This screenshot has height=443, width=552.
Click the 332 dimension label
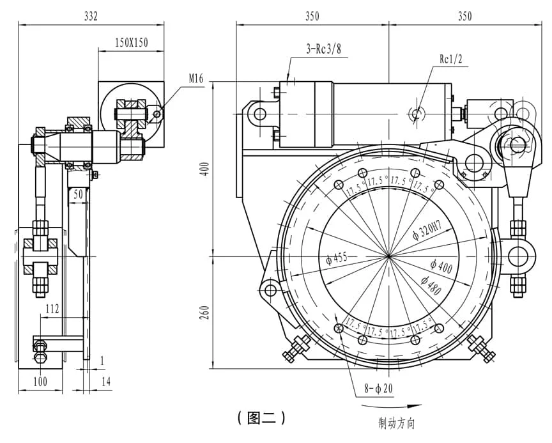91,16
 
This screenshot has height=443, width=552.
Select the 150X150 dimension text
132,43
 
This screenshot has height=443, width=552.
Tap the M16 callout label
196,78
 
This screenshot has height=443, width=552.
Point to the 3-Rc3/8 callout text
323,49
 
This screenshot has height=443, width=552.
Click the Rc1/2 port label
450,59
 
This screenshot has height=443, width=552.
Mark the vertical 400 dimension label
206,170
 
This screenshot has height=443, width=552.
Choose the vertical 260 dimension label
205,313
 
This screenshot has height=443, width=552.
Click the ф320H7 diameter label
427,229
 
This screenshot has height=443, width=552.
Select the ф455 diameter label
337,258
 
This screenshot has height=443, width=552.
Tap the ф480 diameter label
431,285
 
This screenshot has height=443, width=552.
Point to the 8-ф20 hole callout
378,388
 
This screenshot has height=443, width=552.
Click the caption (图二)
261,417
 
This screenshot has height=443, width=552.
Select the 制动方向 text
397,423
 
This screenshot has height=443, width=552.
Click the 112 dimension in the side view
52,309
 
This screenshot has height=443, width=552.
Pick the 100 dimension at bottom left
40,381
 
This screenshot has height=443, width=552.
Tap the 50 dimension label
78,194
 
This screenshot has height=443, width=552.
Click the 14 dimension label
106,381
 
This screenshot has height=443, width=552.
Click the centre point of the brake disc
388,256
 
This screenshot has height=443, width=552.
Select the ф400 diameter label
441,266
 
